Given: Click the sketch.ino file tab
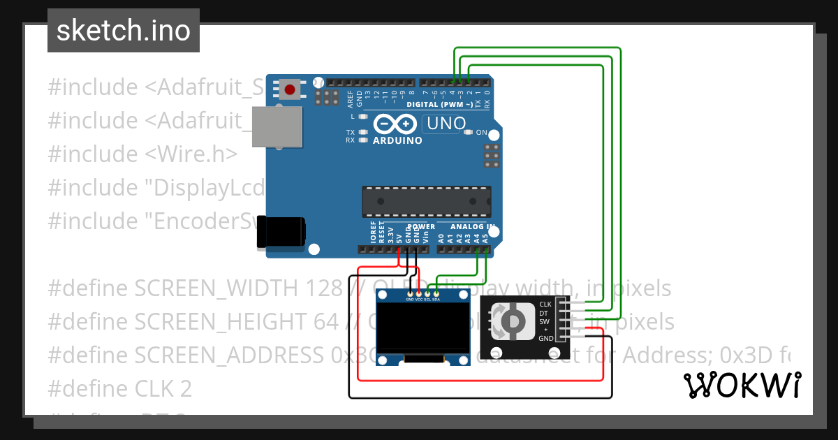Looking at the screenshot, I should [124, 31].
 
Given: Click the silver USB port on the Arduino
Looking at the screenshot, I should [277, 128].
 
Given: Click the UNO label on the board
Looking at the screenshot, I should [446, 124].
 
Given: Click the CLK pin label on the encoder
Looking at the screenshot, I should [545, 305].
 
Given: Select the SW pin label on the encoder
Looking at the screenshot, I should [545, 321].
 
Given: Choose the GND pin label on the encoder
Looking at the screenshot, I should [545, 338].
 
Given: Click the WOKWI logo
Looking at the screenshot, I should [742, 385].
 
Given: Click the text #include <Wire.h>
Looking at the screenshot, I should [142, 154].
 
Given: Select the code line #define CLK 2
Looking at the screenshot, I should [120, 388].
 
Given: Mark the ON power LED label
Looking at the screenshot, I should [481, 132].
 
